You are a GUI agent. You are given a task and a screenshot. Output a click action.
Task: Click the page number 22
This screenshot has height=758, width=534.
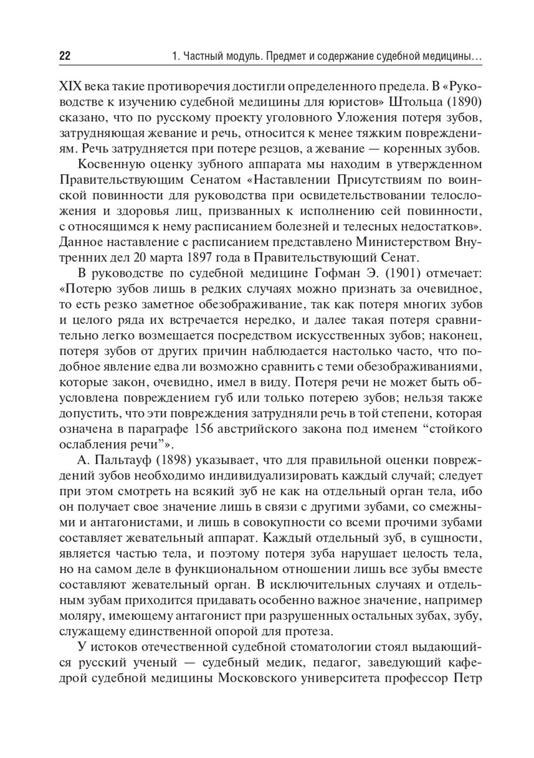pyautogui.click(x=64, y=56)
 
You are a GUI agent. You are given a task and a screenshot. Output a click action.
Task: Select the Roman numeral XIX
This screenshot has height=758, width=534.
pyautogui.click(x=69, y=86)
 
